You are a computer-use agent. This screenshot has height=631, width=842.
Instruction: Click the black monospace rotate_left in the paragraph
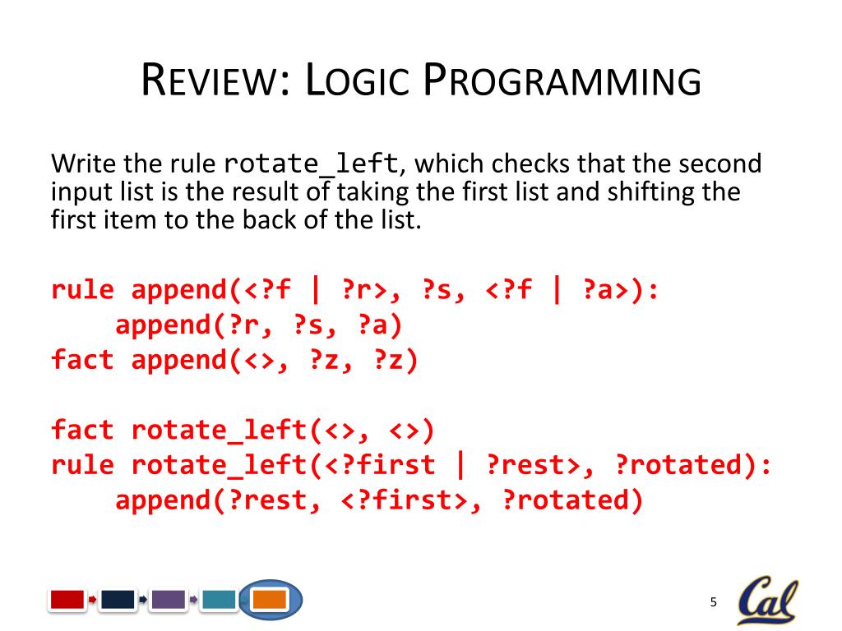[x=312, y=164]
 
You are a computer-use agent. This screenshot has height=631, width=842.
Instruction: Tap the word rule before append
[x=82, y=290]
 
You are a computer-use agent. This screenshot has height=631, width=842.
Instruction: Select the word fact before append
[x=82, y=360]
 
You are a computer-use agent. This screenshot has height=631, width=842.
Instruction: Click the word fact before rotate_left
[x=82, y=430]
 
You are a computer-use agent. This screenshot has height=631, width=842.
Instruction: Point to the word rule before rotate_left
[x=82, y=465]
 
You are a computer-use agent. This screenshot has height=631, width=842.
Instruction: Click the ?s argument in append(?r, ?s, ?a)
[x=308, y=325]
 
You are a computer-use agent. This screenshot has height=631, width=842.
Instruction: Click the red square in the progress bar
[x=67, y=600]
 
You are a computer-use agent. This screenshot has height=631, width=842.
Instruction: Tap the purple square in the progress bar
[x=168, y=600]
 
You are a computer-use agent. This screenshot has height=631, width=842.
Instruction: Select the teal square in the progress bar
[x=218, y=600]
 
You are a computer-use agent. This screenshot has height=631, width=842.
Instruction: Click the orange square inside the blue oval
[x=269, y=600]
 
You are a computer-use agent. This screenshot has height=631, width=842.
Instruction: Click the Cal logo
[x=766, y=601]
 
